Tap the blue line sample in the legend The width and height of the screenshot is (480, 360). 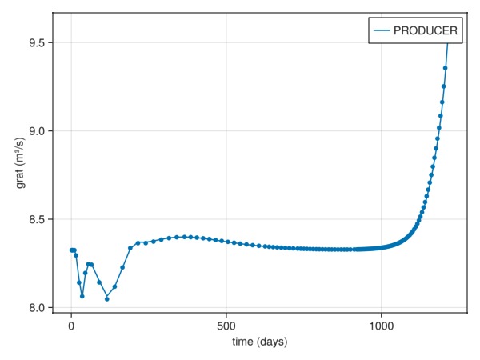[x=380, y=30]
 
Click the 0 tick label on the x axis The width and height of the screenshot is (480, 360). [x=71, y=326]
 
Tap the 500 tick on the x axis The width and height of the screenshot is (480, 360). [x=226, y=326]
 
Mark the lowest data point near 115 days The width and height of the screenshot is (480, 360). [x=107, y=299]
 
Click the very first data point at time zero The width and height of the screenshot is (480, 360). [x=71, y=250]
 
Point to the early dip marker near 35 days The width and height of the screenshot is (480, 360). [x=82, y=296]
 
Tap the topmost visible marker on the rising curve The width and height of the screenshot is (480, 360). [x=446, y=68]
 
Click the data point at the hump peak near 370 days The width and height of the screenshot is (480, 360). [x=186, y=237]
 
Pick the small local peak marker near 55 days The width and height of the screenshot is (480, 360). [x=88, y=264]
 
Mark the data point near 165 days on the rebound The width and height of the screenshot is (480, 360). [x=122, y=267]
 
